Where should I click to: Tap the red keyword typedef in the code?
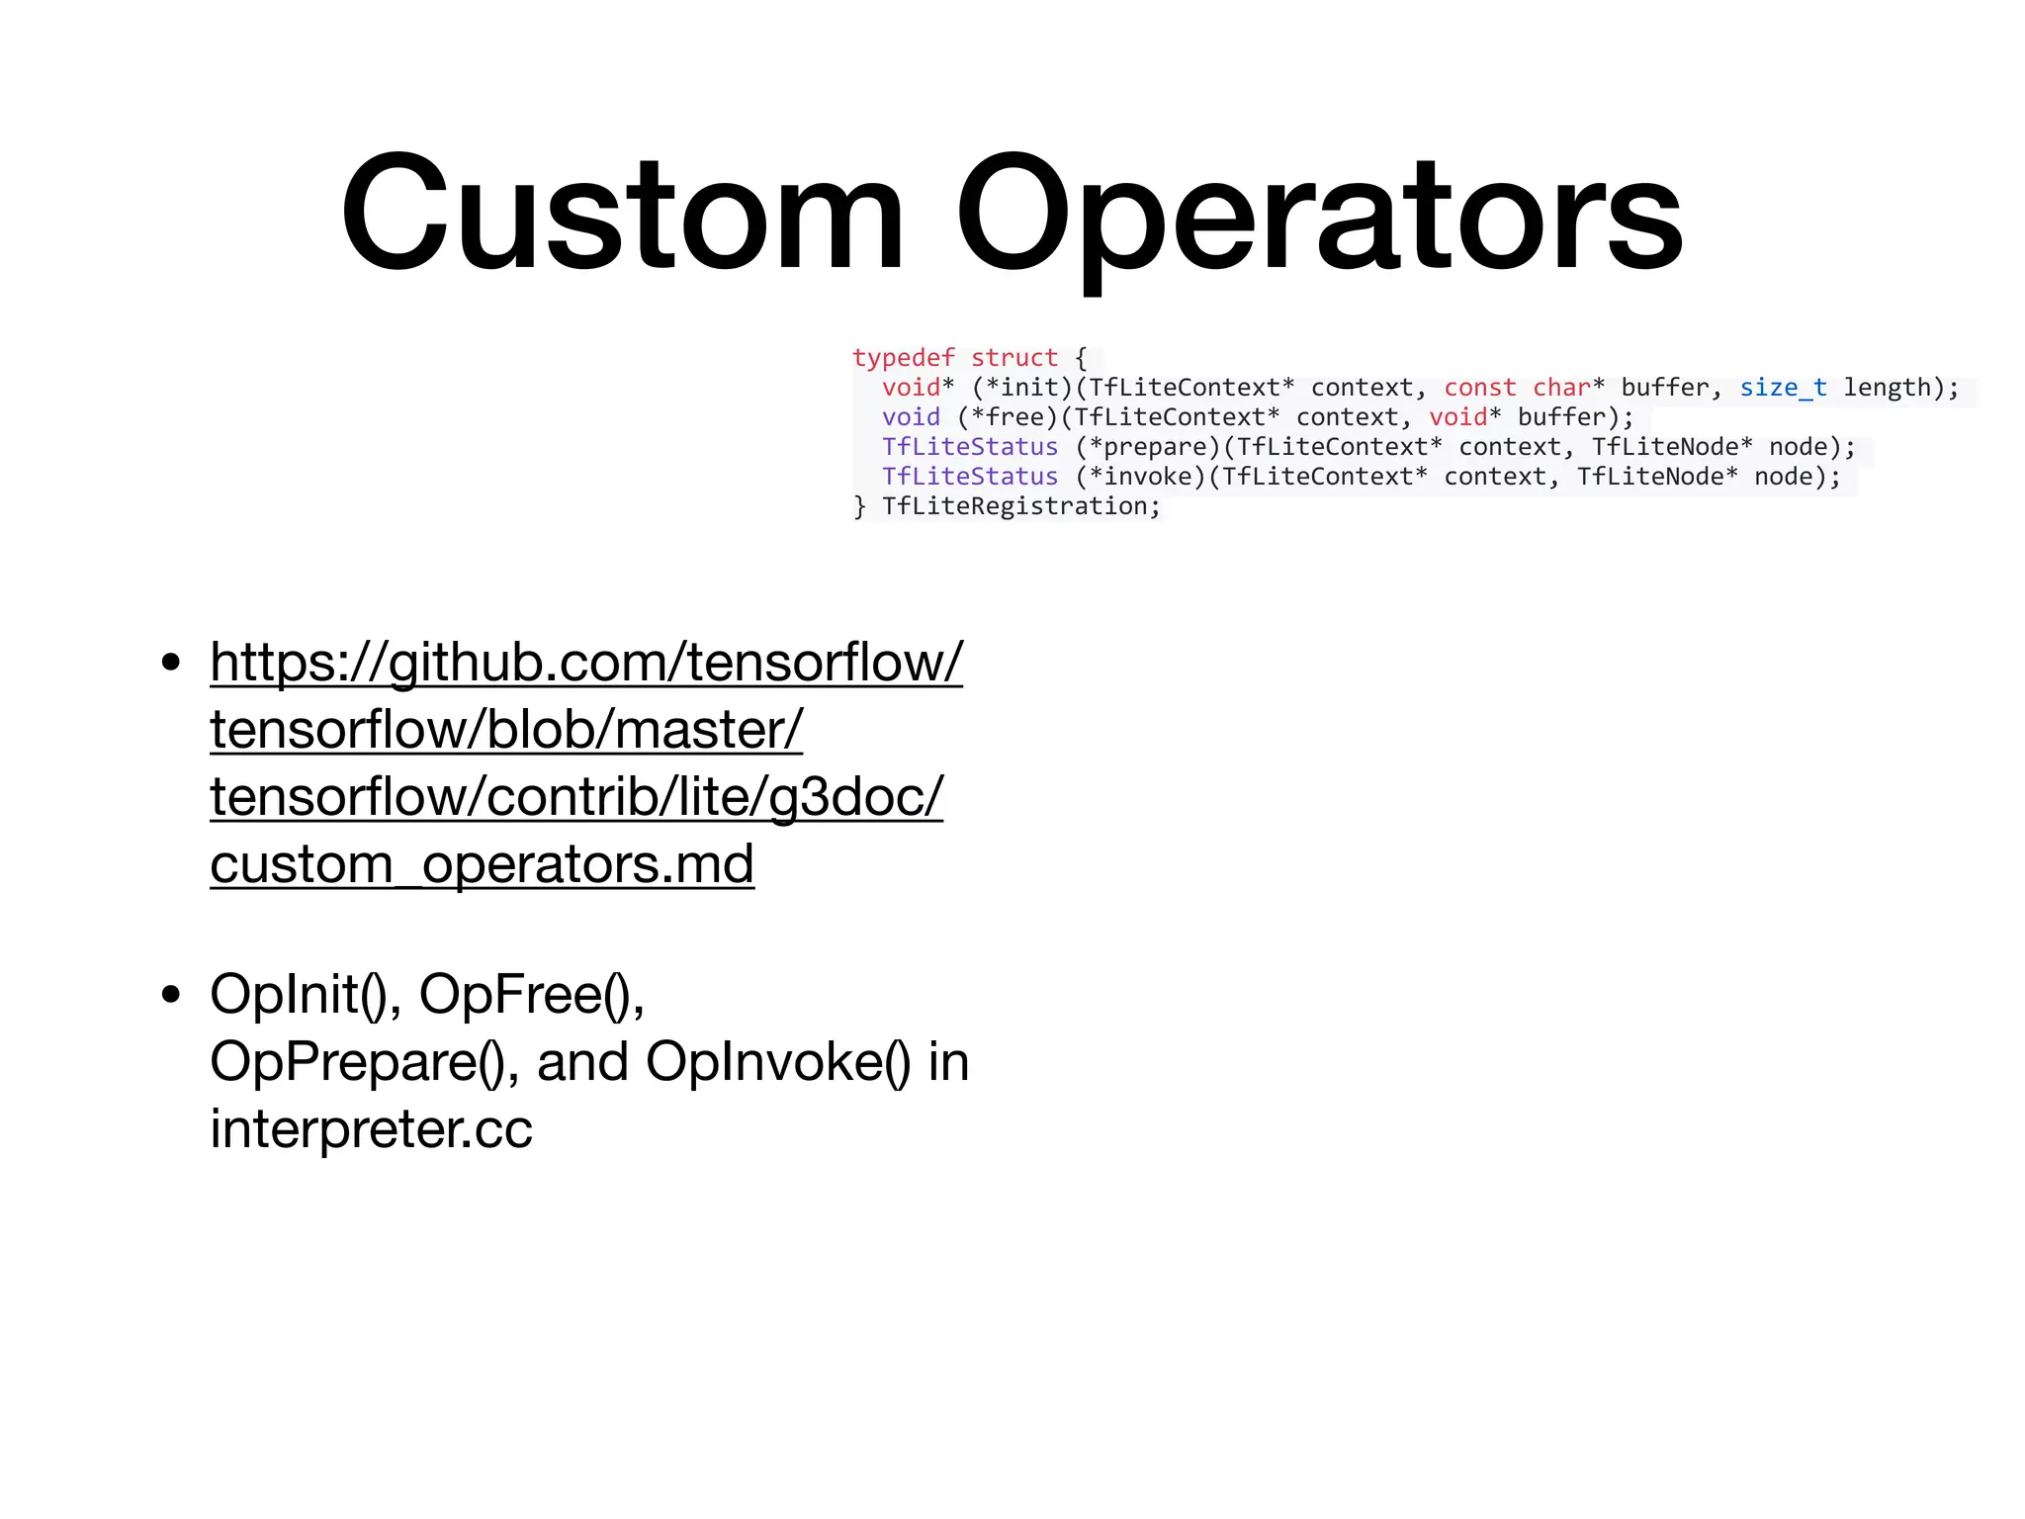[x=903, y=357]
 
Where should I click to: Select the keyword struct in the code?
[x=1013, y=357]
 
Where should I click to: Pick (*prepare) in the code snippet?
[x=1148, y=446]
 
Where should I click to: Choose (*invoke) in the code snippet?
[x=1140, y=476]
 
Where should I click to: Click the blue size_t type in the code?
[x=1783, y=387]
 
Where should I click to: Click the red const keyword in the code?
[x=1479, y=387]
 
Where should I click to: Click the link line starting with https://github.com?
[x=585, y=662]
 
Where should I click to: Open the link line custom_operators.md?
[x=482, y=863]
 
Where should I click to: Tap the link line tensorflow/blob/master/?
[x=506, y=729]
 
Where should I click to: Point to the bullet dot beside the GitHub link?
[x=171, y=662]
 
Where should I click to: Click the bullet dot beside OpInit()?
[x=171, y=994]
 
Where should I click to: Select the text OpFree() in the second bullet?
[x=530, y=994]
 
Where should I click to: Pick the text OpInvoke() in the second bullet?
[x=778, y=1061]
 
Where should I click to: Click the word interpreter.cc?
[x=371, y=1128]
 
